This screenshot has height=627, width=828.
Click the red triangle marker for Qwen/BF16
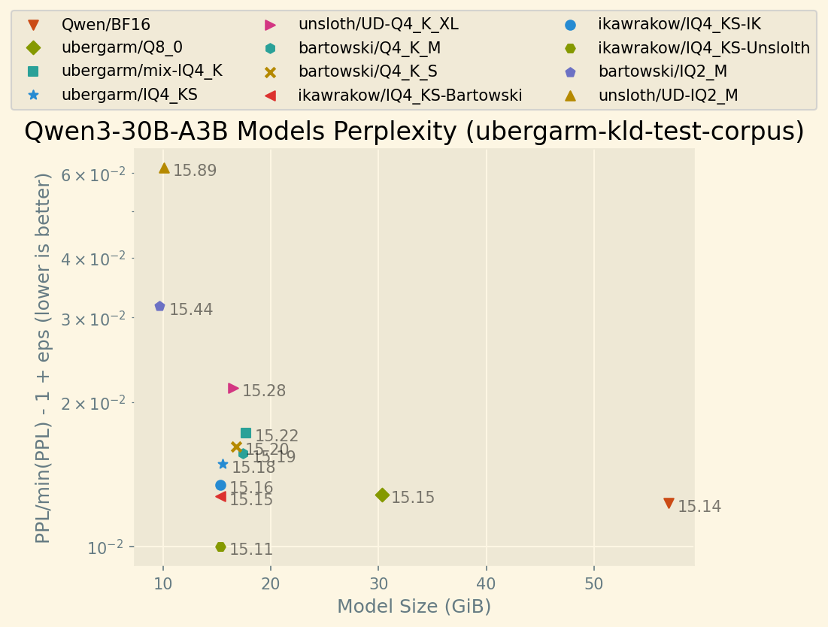669,503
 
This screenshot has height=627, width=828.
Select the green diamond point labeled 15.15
382,495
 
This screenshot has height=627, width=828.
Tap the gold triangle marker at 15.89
164,168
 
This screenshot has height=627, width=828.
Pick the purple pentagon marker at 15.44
159,306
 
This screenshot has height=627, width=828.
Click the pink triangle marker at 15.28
233,389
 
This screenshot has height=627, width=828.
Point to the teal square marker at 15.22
246,433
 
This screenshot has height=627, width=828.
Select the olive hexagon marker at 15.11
220,547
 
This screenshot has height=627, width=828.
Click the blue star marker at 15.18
223,464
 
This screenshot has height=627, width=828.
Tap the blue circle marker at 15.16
220,485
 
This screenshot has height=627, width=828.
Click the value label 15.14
699,507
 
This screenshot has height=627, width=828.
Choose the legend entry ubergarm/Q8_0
122,47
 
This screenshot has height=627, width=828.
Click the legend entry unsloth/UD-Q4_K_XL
378,24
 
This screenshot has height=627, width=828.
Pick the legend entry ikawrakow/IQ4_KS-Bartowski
410,95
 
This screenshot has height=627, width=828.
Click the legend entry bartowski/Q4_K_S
368,71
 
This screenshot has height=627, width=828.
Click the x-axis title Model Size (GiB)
414,607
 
